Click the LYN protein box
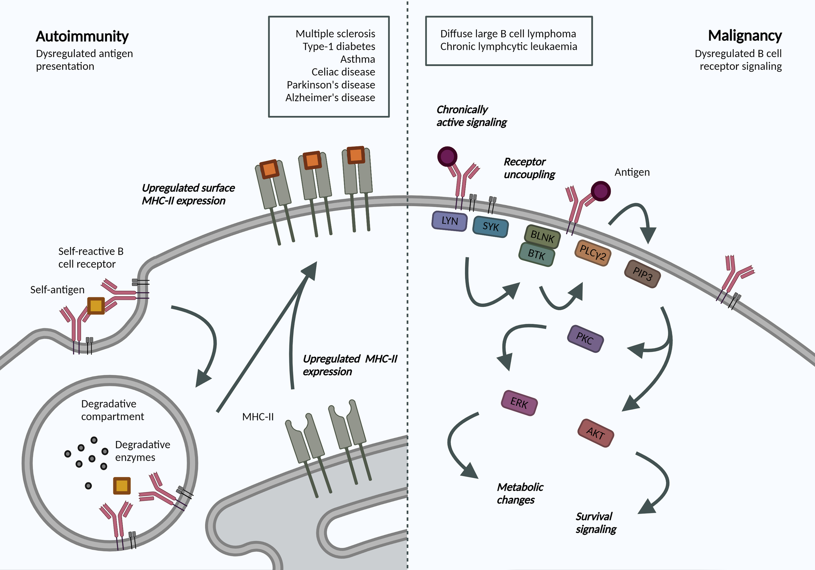[449, 221]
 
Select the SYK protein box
[491, 227]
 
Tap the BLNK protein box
[542, 236]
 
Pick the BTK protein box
[536, 254]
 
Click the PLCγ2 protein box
[592, 253]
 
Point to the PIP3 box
[642, 274]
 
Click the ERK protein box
[519, 403]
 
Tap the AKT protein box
[595, 433]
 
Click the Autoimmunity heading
[82, 36]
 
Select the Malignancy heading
[744, 36]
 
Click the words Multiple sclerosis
[335, 34]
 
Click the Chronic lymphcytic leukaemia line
[508, 47]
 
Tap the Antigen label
[632, 172]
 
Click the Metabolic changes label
[520, 493]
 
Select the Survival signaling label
[596, 522]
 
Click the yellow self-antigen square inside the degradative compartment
[122, 486]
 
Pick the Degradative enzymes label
[142, 451]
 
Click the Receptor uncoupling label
[529, 168]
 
